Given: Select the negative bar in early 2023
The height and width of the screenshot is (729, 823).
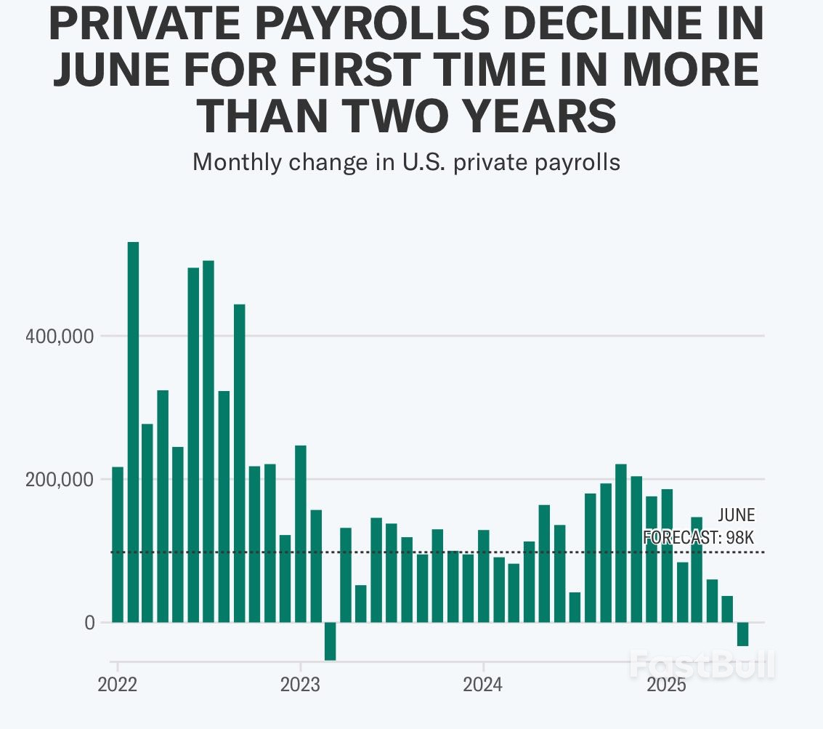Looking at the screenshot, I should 331,640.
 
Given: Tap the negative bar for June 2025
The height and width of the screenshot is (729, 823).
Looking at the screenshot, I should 742,634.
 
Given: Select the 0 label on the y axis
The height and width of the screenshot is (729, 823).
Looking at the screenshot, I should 89,623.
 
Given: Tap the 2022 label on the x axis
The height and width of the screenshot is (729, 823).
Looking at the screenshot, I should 117,685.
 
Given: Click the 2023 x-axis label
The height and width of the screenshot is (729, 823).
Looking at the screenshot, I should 300,685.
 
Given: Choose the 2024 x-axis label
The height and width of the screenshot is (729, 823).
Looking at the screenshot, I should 483,685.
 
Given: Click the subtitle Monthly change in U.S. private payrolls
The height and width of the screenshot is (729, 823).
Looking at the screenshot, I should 406,161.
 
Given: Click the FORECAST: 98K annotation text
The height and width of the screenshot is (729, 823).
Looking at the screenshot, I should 699,539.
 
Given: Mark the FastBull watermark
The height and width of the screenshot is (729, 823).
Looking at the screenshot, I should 702,664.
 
